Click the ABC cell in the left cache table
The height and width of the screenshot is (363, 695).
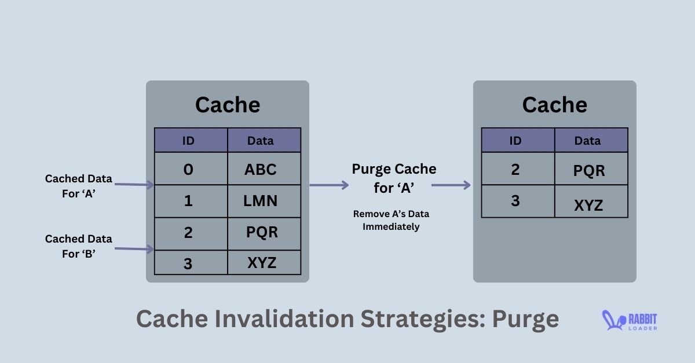click(x=264, y=169)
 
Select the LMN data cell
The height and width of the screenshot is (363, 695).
click(x=264, y=201)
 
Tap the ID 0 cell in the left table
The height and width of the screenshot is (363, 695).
click(x=191, y=169)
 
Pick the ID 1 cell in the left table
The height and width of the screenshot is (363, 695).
click(x=191, y=201)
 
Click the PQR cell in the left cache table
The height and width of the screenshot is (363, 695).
click(x=264, y=233)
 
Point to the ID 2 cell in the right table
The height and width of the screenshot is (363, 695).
click(x=518, y=169)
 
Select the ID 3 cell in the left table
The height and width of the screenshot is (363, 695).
click(x=191, y=263)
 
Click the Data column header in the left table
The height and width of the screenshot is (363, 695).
click(x=264, y=141)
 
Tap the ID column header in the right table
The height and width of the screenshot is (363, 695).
click(x=518, y=141)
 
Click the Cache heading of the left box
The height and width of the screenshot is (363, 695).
click(x=228, y=105)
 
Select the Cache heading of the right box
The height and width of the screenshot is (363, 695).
click(x=555, y=105)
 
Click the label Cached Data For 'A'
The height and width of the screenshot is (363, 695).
click(x=79, y=186)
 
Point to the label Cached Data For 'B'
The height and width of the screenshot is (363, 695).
click(x=79, y=245)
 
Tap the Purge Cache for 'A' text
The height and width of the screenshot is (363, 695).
click(x=394, y=177)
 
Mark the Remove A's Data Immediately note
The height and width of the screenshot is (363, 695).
click(x=391, y=220)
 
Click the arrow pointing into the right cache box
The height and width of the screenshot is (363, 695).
click(x=451, y=185)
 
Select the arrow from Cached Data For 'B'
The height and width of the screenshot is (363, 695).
click(x=134, y=249)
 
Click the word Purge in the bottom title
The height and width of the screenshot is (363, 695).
click(x=525, y=319)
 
